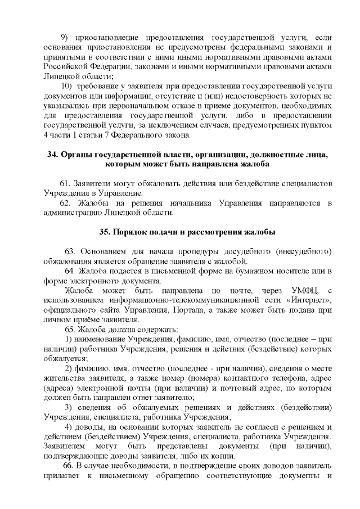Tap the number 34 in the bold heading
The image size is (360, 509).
click(x=52, y=155)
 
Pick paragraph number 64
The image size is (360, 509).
click(x=70, y=271)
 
